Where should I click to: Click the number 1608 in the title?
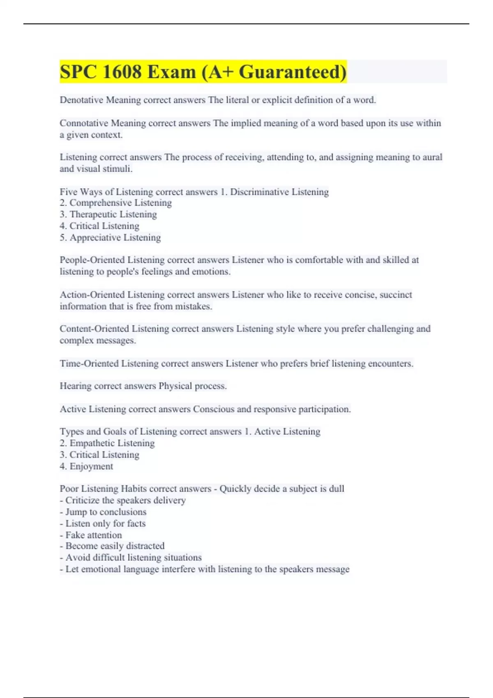122,72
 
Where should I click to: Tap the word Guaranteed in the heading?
293,72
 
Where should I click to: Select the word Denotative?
81,100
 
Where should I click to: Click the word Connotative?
83,123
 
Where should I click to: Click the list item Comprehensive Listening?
120,203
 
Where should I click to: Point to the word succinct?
396,295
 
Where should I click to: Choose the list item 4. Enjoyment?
86,466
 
